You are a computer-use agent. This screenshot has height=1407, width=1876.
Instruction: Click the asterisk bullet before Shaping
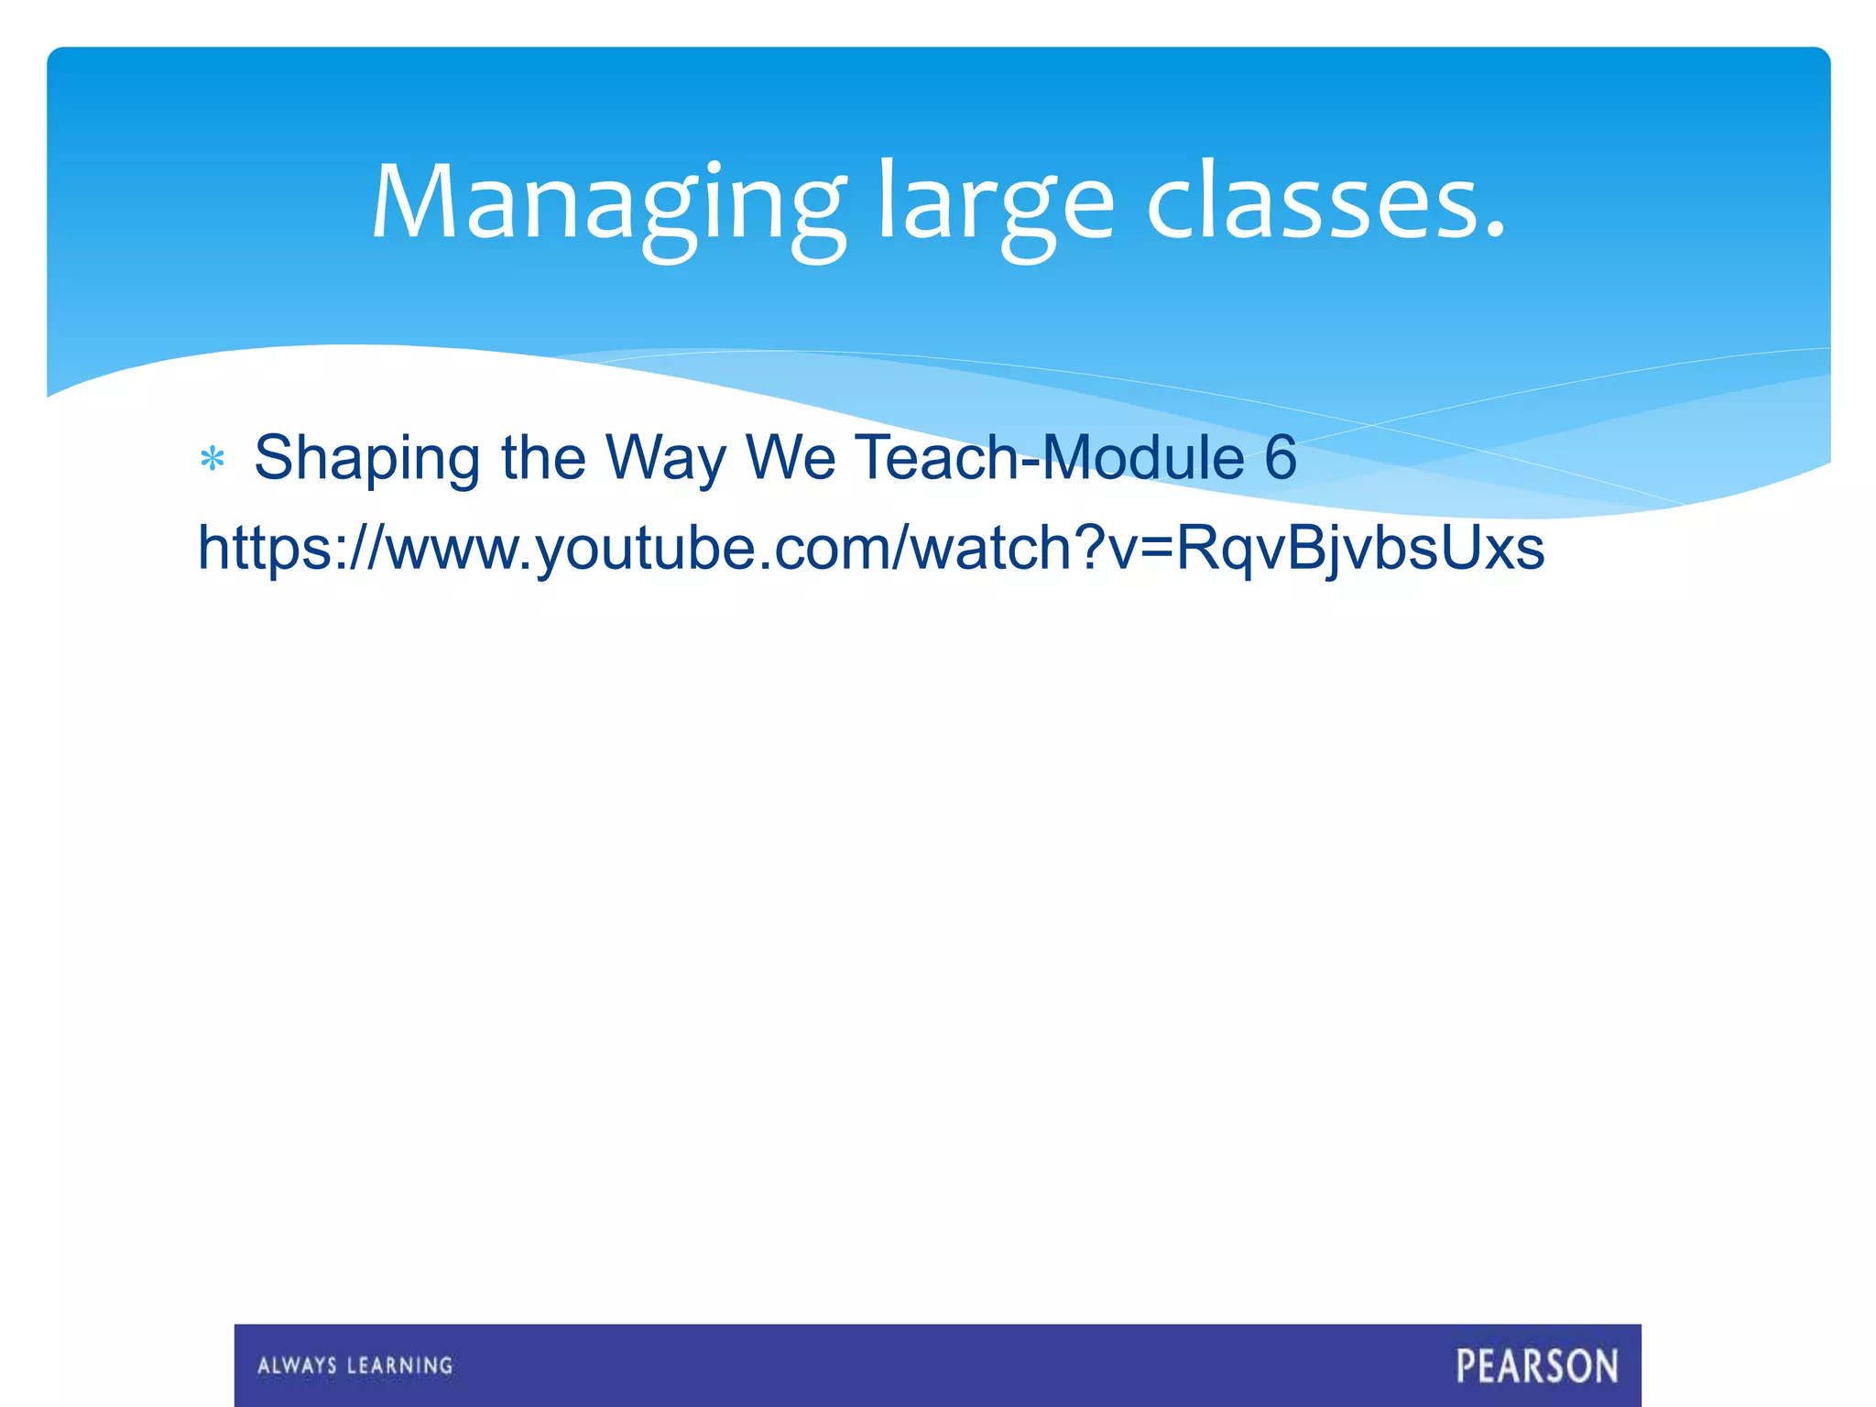[x=213, y=459]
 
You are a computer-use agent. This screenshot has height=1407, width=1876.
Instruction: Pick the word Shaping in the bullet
[x=366, y=458]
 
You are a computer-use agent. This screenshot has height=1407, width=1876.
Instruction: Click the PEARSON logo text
[x=1537, y=1366]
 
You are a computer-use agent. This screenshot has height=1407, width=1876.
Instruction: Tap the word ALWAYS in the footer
[x=297, y=1366]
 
